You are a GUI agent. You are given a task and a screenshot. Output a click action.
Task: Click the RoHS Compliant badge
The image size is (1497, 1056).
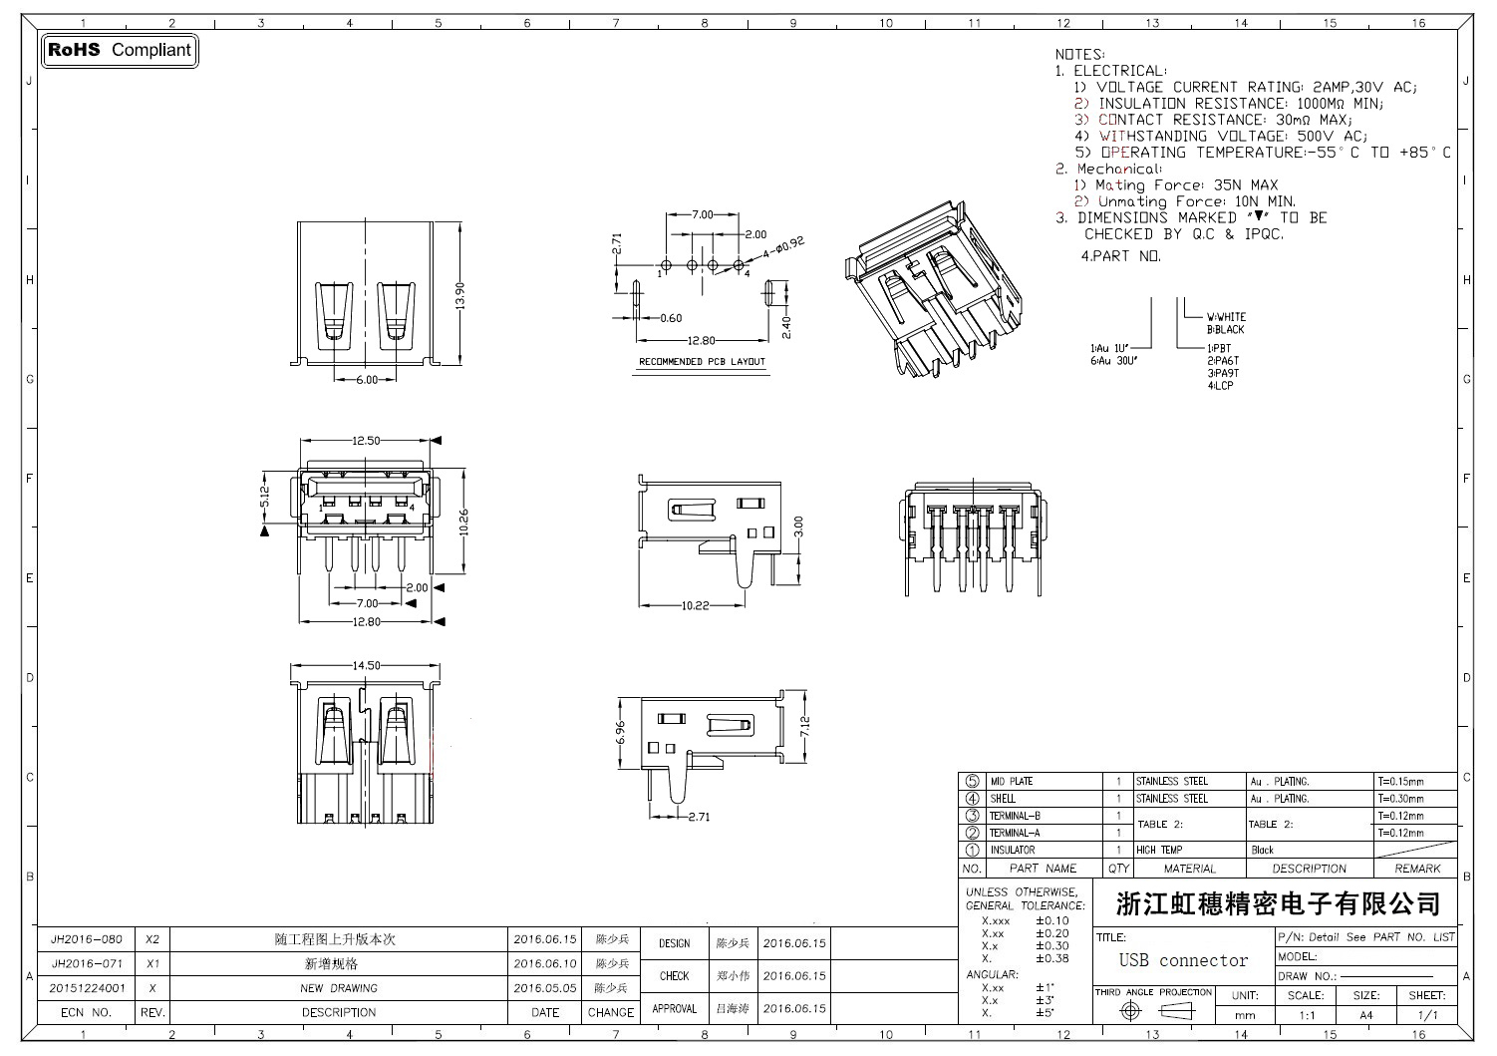(120, 50)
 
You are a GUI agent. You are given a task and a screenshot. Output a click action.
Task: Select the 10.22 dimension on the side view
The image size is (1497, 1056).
(695, 605)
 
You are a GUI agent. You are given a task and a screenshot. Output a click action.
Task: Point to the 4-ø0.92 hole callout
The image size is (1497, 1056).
(782, 245)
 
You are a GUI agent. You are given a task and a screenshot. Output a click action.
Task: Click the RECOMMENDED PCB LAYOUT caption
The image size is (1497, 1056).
(702, 361)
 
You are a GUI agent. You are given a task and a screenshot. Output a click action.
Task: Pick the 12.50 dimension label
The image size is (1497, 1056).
(366, 441)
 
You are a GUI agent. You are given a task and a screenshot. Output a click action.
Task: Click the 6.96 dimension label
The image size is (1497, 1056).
(620, 732)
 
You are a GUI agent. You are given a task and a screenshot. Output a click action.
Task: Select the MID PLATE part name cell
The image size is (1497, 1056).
(1011, 782)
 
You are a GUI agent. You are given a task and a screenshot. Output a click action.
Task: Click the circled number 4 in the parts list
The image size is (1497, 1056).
(972, 799)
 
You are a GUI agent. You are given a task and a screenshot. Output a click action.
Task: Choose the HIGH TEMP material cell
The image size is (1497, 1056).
(1159, 851)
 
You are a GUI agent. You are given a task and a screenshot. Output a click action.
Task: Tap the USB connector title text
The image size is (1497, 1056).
(1183, 961)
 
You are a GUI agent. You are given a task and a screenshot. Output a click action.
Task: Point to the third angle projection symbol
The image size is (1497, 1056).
(1152, 1012)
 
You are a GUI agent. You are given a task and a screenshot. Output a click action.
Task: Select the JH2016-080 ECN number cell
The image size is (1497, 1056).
(87, 939)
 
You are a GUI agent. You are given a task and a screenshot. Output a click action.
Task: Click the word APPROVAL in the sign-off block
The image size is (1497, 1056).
(674, 1009)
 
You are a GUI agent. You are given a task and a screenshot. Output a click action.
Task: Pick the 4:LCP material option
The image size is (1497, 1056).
(1220, 386)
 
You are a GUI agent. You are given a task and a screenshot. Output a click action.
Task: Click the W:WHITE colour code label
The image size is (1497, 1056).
(1226, 317)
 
